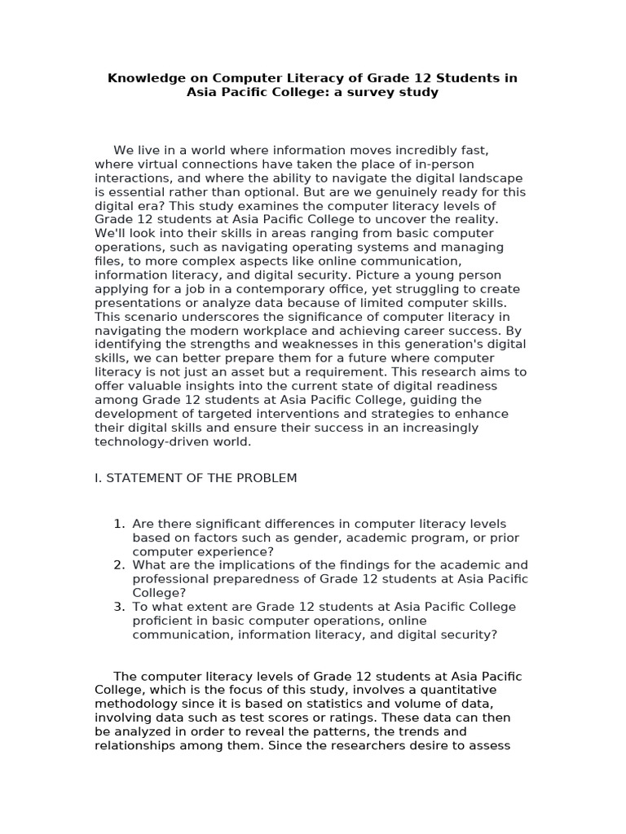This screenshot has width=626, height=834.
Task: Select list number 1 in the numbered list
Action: (x=119, y=524)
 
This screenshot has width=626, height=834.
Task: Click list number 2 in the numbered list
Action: (x=119, y=565)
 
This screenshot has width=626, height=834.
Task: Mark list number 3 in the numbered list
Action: (x=119, y=607)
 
